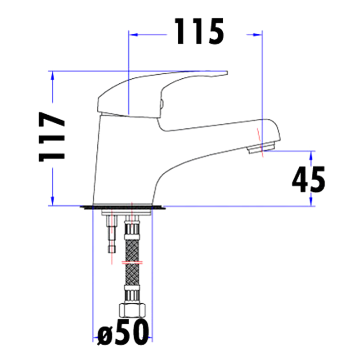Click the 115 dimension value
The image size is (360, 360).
199,31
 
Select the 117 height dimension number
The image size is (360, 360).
52,137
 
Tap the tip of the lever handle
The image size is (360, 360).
225,72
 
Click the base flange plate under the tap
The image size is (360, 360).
123,207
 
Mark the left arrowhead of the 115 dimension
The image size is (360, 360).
132,33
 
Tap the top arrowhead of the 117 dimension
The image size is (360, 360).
53,75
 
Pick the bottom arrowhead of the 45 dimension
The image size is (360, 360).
311,202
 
